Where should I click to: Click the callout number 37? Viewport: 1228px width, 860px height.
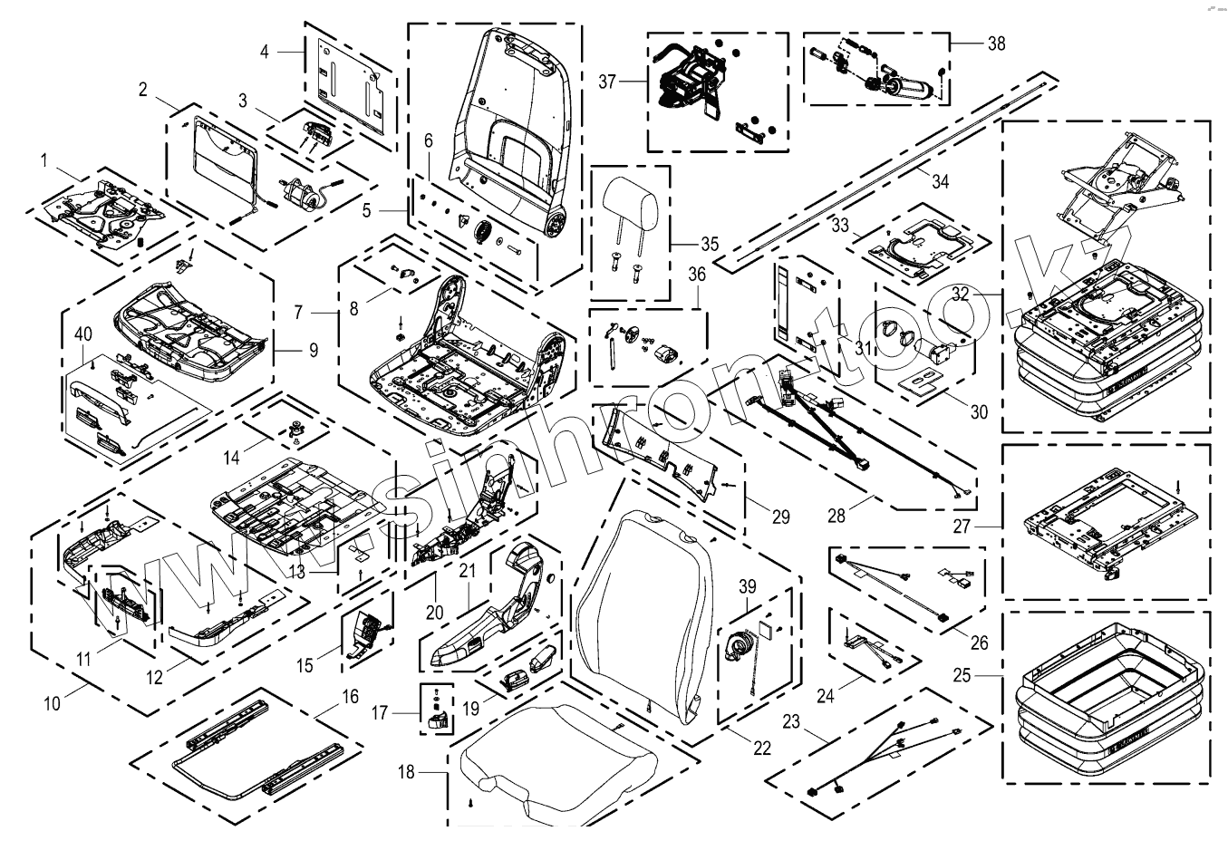[606, 82]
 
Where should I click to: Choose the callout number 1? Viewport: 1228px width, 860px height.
[43, 160]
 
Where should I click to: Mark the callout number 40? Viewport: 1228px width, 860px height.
[82, 335]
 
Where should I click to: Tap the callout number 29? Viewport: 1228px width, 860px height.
[780, 517]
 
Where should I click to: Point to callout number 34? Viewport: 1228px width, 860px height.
[940, 182]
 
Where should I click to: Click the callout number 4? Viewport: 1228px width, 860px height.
[265, 52]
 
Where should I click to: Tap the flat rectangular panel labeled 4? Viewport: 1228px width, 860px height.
[349, 83]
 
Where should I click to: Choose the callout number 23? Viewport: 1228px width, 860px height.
[792, 722]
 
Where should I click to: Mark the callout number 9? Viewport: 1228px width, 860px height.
[313, 348]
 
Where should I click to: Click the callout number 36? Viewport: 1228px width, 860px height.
[696, 273]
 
